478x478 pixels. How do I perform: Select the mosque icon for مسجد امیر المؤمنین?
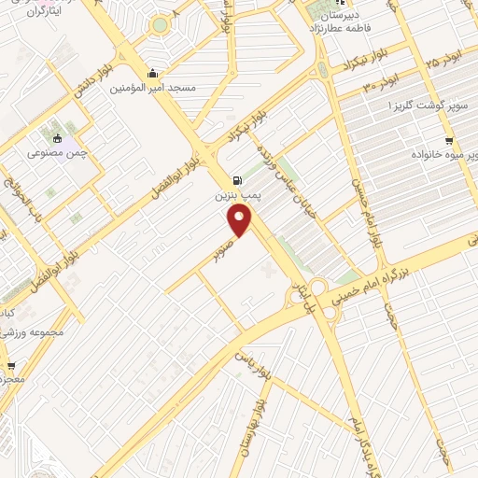[x=152, y=73]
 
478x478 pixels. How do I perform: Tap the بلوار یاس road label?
[x=242, y=359]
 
